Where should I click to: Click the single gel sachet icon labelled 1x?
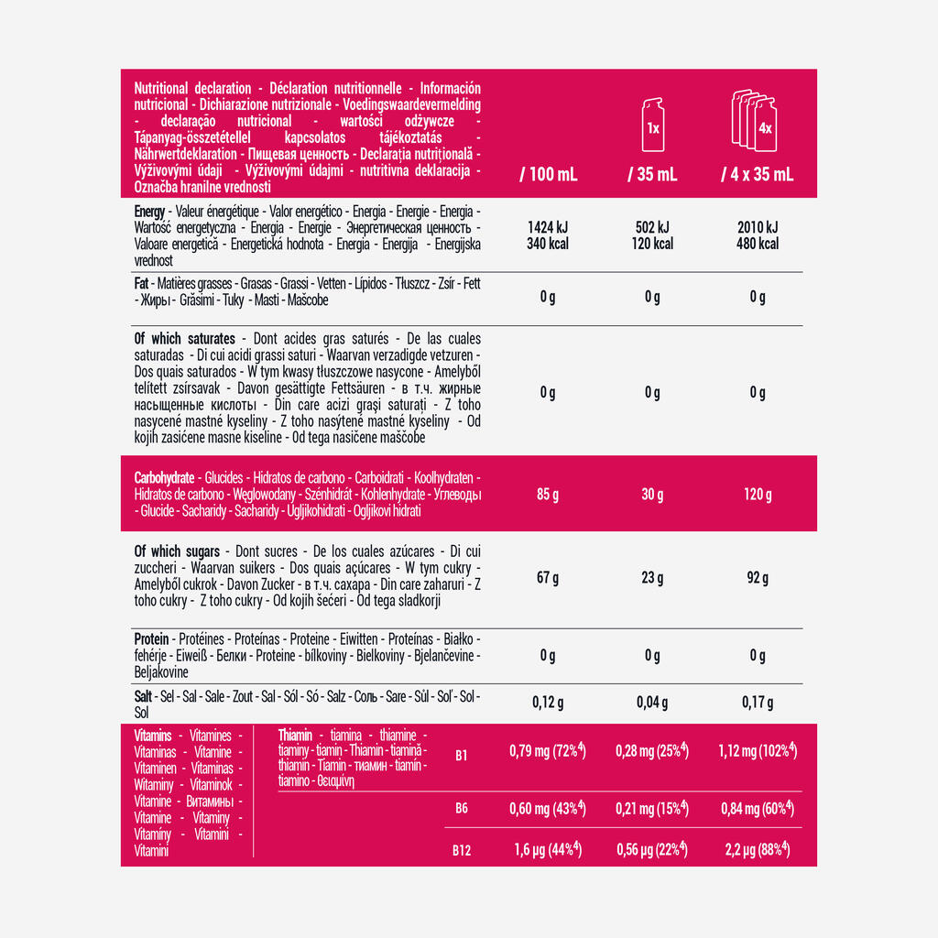[x=652, y=125]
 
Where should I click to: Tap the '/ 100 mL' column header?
[x=548, y=175]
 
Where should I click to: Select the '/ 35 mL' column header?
[x=652, y=175]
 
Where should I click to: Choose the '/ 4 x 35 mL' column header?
[x=757, y=175]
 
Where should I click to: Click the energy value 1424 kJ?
[x=548, y=227]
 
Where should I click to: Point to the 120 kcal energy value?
[x=652, y=244]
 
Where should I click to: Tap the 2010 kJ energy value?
[x=758, y=227]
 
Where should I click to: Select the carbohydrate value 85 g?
[x=548, y=495]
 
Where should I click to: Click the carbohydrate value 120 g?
[x=758, y=495]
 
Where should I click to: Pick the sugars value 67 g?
[x=548, y=578]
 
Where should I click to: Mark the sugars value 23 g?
[x=652, y=578]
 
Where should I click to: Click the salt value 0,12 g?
[x=548, y=703]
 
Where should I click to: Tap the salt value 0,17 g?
[x=758, y=703]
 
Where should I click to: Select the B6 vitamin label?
[x=462, y=809]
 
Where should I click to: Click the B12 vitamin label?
[x=462, y=850]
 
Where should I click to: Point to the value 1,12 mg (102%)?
[x=756, y=752]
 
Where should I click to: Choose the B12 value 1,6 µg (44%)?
[x=547, y=849]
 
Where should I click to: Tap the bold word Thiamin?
[x=295, y=736]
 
